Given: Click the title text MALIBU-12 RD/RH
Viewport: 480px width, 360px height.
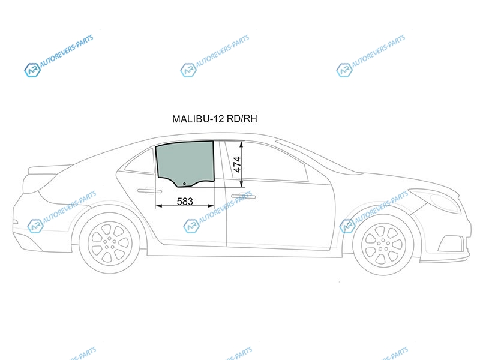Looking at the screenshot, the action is click(x=215, y=119).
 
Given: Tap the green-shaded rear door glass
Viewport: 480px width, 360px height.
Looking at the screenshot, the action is click(x=185, y=162).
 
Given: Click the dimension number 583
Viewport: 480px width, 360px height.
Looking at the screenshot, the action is click(x=185, y=202).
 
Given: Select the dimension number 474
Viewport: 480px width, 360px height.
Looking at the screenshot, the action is click(x=237, y=164).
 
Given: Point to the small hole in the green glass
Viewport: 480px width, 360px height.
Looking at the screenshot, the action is click(x=184, y=184).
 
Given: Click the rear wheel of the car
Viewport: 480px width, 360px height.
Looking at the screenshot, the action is click(x=110, y=243).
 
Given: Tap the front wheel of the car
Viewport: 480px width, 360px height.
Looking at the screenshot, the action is click(x=383, y=245).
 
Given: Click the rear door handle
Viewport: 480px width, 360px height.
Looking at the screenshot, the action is click(x=149, y=191).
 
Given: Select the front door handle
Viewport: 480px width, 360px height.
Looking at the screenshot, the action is click(x=244, y=196).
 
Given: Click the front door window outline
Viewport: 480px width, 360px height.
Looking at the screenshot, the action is click(x=267, y=161).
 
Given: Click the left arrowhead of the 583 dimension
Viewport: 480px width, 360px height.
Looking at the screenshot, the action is click(x=158, y=206).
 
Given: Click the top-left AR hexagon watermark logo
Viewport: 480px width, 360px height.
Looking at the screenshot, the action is click(x=32, y=70).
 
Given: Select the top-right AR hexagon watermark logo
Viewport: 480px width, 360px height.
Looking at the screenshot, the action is click(x=344, y=70).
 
